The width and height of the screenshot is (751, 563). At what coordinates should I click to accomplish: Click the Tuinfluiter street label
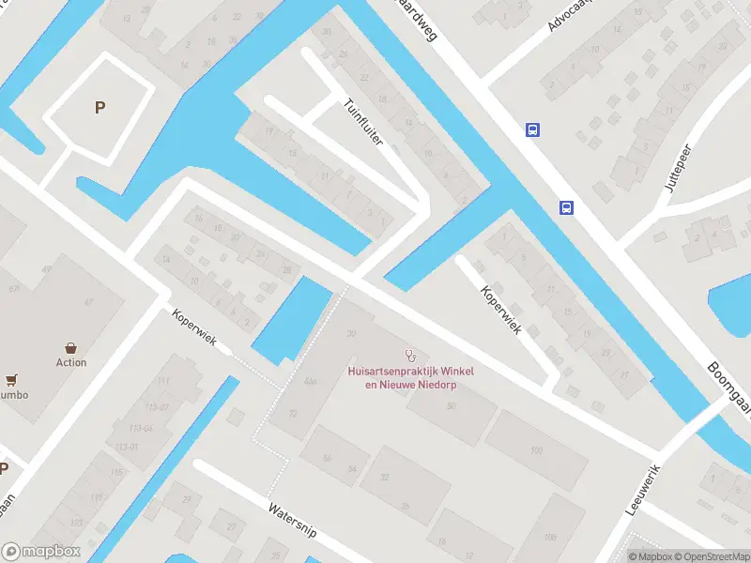point(364,122)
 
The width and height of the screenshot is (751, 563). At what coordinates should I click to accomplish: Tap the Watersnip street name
point(293,520)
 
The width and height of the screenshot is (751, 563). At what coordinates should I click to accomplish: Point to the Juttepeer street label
point(678,168)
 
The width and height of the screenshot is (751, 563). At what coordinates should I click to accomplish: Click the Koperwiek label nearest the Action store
point(194,328)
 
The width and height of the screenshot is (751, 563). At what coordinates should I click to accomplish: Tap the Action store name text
point(71,362)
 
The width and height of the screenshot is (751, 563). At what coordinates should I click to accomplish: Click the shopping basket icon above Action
point(71,348)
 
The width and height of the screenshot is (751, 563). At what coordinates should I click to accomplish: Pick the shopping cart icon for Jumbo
point(11,380)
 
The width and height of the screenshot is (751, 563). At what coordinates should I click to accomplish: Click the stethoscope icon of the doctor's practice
point(409,355)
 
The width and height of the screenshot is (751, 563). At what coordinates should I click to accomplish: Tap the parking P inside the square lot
point(100,107)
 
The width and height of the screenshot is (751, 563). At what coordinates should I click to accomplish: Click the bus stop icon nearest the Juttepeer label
point(567,207)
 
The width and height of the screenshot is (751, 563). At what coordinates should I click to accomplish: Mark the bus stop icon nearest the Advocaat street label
point(532,130)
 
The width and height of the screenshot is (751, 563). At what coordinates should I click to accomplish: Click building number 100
point(536,451)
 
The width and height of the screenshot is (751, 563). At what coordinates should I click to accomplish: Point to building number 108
point(549,538)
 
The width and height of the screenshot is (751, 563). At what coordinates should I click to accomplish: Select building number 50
point(452,406)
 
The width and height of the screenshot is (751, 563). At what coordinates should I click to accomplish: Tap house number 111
point(164,381)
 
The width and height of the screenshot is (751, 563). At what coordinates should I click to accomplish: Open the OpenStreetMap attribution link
point(710,556)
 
